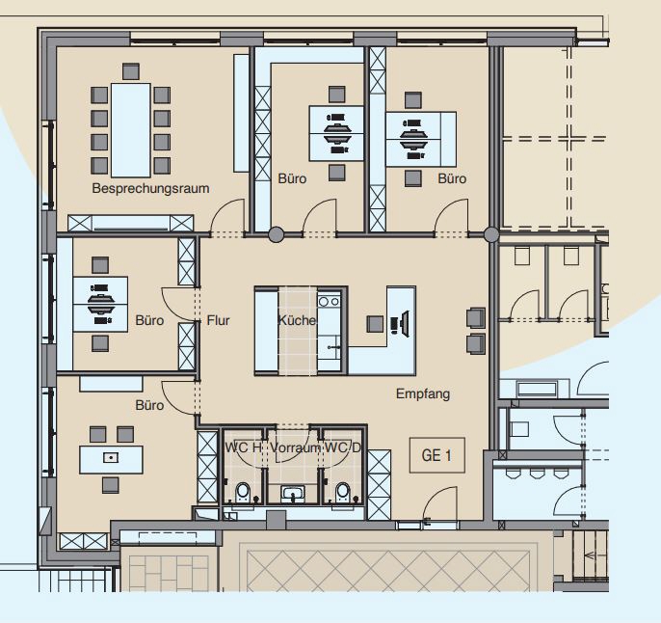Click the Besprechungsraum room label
coord(150,188)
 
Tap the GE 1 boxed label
coord(437,455)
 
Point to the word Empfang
coord(423,394)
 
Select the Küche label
coord(297,320)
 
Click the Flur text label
coord(218,320)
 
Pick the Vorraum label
coord(295,447)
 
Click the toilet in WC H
coord(243,492)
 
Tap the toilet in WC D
coord(342,492)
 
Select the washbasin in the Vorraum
coord(293,494)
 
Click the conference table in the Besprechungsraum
coord(131,130)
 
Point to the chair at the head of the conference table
coord(131,71)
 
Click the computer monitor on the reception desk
coord(406,324)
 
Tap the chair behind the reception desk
coord(375,324)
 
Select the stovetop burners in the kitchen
coord(329,301)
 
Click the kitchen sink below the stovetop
coord(330,347)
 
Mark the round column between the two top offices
coord(277,234)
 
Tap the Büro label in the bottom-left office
coord(149,405)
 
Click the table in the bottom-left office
coord(111,459)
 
